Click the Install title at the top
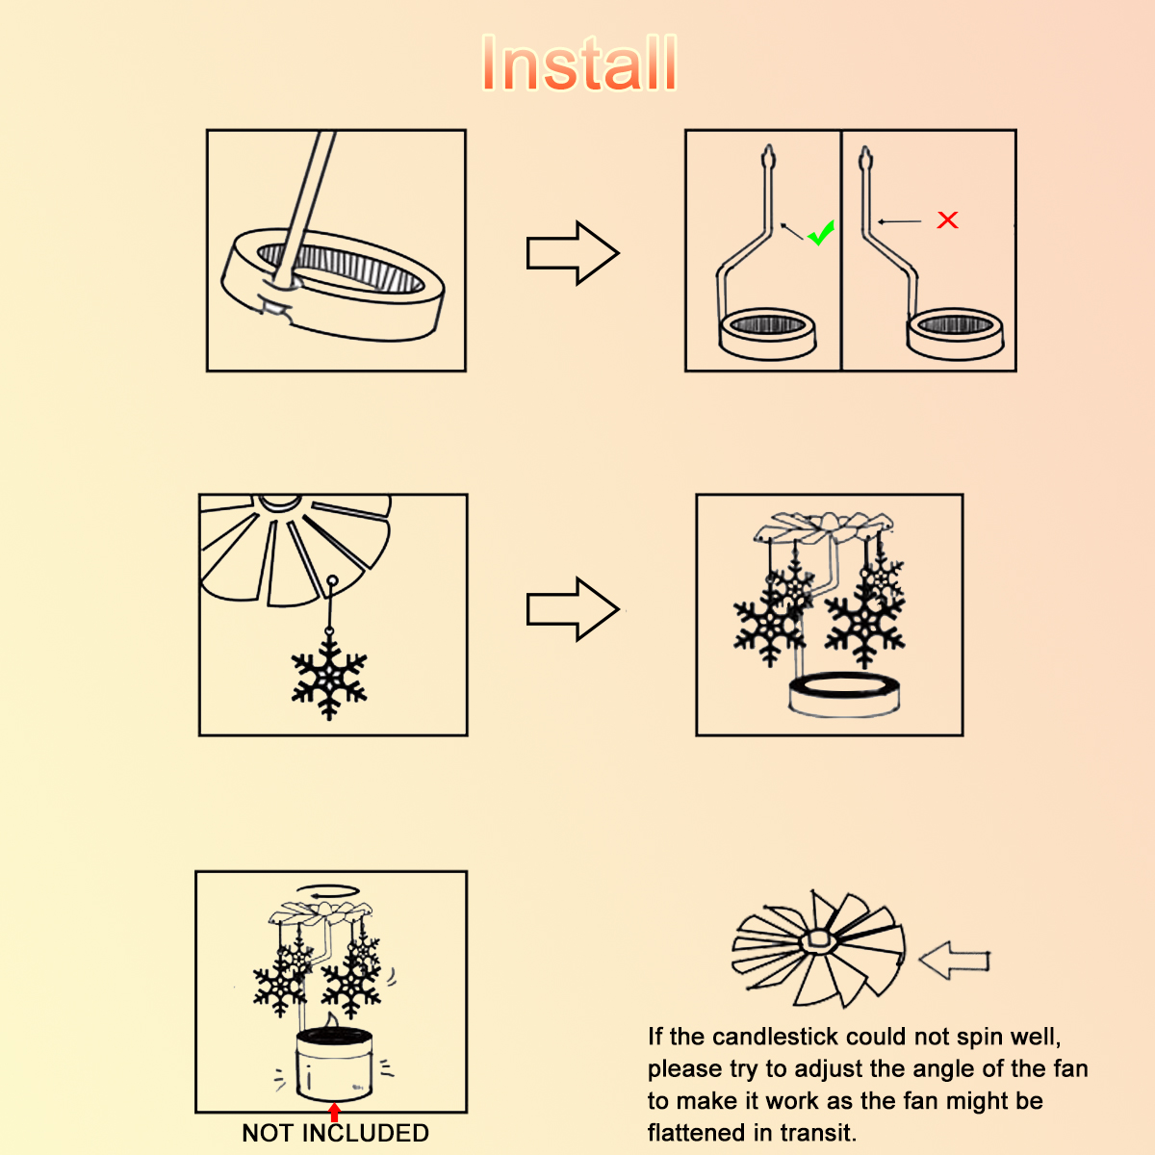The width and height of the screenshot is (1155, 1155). click(x=579, y=63)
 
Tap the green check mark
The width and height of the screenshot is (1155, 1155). click(x=821, y=233)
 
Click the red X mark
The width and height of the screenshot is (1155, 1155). click(x=947, y=220)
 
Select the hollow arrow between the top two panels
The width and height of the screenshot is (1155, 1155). click(x=573, y=253)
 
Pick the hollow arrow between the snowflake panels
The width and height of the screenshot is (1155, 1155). click(x=573, y=609)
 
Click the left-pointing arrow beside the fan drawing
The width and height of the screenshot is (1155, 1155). click(x=954, y=961)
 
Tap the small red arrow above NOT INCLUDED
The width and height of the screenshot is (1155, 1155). click(x=334, y=1113)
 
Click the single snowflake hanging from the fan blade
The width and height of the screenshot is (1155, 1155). click(x=329, y=678)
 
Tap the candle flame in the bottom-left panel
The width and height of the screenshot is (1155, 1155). click(x=331, y=1020)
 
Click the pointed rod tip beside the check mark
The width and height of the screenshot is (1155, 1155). click(x=769, y=157)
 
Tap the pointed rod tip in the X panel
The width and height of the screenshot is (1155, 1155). click(x=865, y=159)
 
